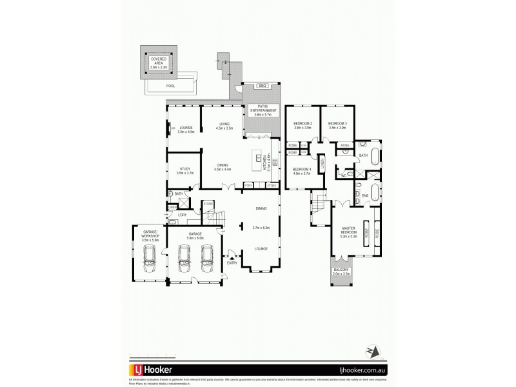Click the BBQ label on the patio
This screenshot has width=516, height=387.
tap(263, 86)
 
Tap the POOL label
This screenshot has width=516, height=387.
tap(170, 86)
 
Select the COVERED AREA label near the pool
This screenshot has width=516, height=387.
tap(159, 61)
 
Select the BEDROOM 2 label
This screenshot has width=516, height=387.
tap(303, 125)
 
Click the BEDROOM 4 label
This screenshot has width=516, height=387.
tap(303, 172)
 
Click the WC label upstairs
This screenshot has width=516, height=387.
tap(344, 175)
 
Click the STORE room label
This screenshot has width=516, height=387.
tap(208, 204)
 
